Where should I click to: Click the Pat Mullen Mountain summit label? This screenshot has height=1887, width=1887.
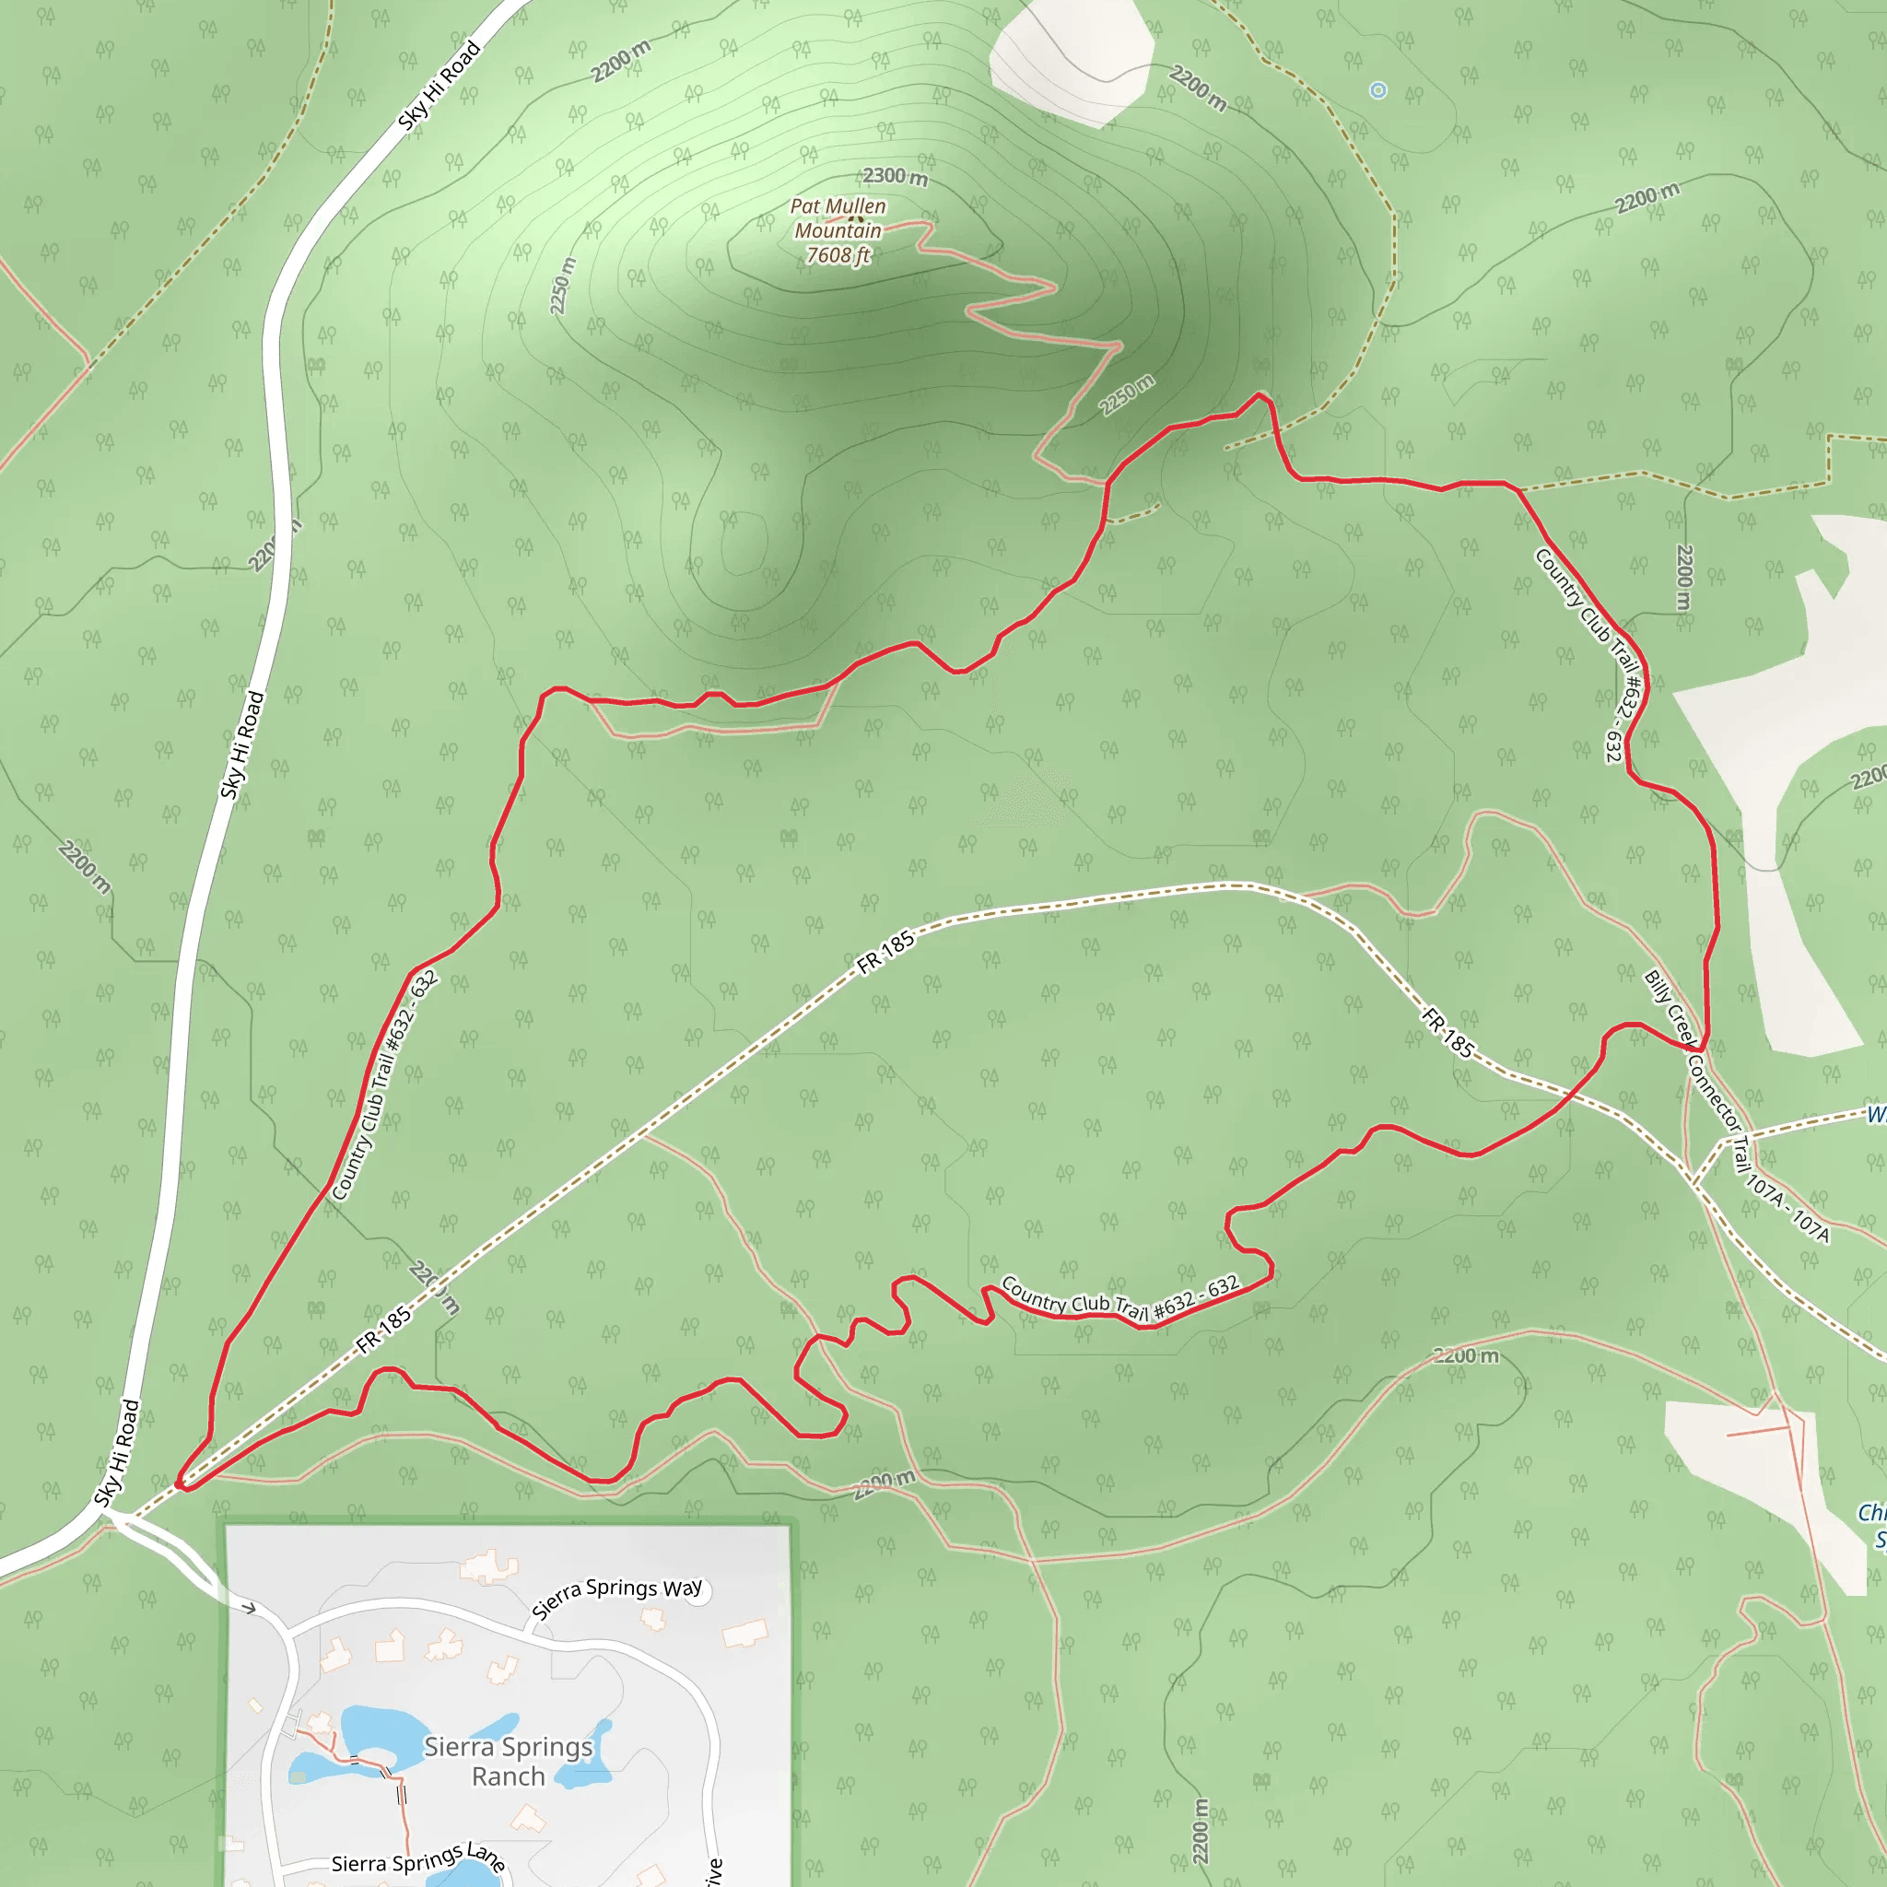tap(838, 218)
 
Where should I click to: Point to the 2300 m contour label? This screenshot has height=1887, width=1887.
tap(895, 177)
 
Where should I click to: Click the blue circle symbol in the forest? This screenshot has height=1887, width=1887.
tap(1378, 91)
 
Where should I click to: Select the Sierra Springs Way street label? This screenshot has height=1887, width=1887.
tap(616, 1598)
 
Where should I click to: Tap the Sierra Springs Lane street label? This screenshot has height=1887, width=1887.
tap(418, 1858)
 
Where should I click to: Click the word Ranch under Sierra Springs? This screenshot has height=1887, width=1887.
tap(508, 1776)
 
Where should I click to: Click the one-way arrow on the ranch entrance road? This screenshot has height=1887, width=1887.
tap(249, 1608)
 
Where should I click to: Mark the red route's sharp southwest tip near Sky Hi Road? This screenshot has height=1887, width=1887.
tap(181, 1485)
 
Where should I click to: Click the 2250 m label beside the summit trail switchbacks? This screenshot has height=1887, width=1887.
tap(1126, 394)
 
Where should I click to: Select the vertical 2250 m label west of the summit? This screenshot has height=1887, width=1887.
tap(563, 287)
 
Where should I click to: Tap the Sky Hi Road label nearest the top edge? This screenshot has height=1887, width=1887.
tap(440, 85)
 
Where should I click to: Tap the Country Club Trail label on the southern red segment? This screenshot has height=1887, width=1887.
tap(1120, 1300)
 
